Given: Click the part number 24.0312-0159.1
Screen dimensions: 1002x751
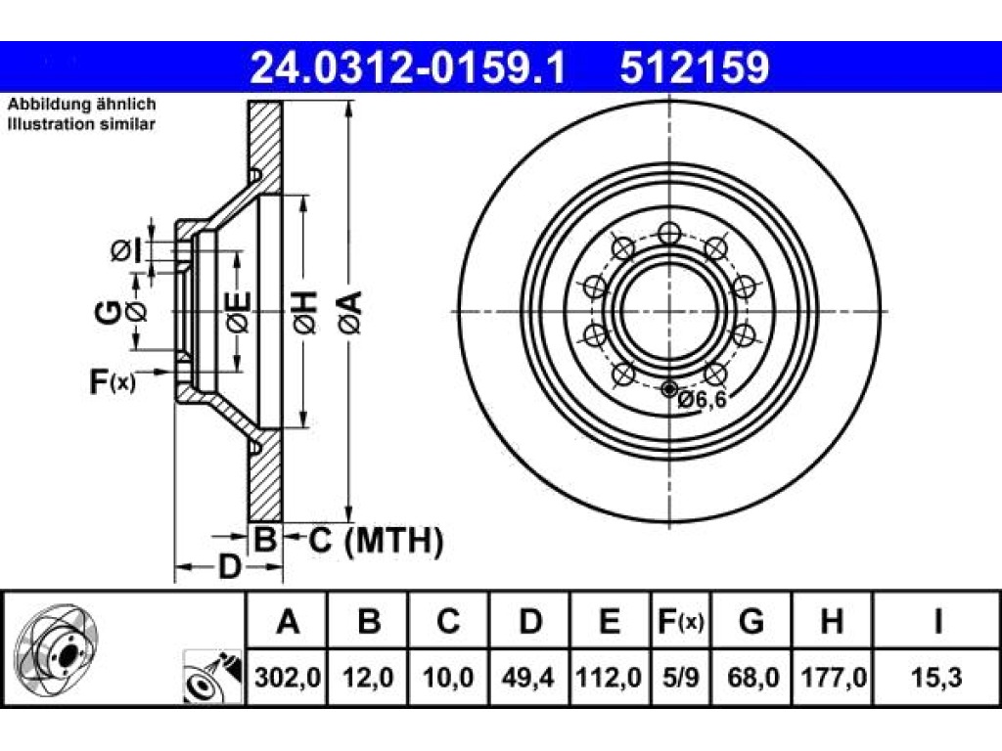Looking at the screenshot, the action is click(x=408, y=67).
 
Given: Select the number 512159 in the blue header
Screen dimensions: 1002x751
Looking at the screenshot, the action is click(x=695, y=67).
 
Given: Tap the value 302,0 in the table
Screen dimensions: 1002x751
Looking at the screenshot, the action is click(x=287, y=677).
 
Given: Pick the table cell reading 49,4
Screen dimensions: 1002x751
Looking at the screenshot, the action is click(x=527, y=677).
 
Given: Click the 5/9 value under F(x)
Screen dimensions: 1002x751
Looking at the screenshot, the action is click(x=681, y=677).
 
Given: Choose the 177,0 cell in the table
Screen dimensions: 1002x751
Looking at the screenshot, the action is click(x=833, y=677).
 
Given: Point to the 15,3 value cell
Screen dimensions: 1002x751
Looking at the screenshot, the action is click(x=936, y=677).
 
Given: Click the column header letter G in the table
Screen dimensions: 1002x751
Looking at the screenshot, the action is click(x=751, y=621).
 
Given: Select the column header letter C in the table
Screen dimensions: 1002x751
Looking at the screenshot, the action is click(x=448, y=621).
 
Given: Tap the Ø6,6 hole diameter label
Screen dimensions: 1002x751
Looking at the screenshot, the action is click(x=703, y=400).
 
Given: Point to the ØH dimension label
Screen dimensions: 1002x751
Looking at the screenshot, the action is click(x=305, y=312).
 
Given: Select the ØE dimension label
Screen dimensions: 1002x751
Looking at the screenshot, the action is click(x=240, y=312).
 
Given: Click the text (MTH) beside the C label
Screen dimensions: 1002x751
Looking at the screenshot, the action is click(x=393, y=542).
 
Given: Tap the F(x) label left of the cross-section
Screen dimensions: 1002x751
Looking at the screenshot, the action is click(x=112, y=382).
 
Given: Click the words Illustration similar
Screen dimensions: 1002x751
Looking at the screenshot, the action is click(x=81, y=124).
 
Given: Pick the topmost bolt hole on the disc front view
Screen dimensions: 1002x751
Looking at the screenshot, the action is click(x=669, y=234).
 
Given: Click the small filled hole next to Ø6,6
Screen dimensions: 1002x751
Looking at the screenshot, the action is click(x=669, y=388).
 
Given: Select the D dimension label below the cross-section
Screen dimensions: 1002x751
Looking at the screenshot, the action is click(x=229, y=566).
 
